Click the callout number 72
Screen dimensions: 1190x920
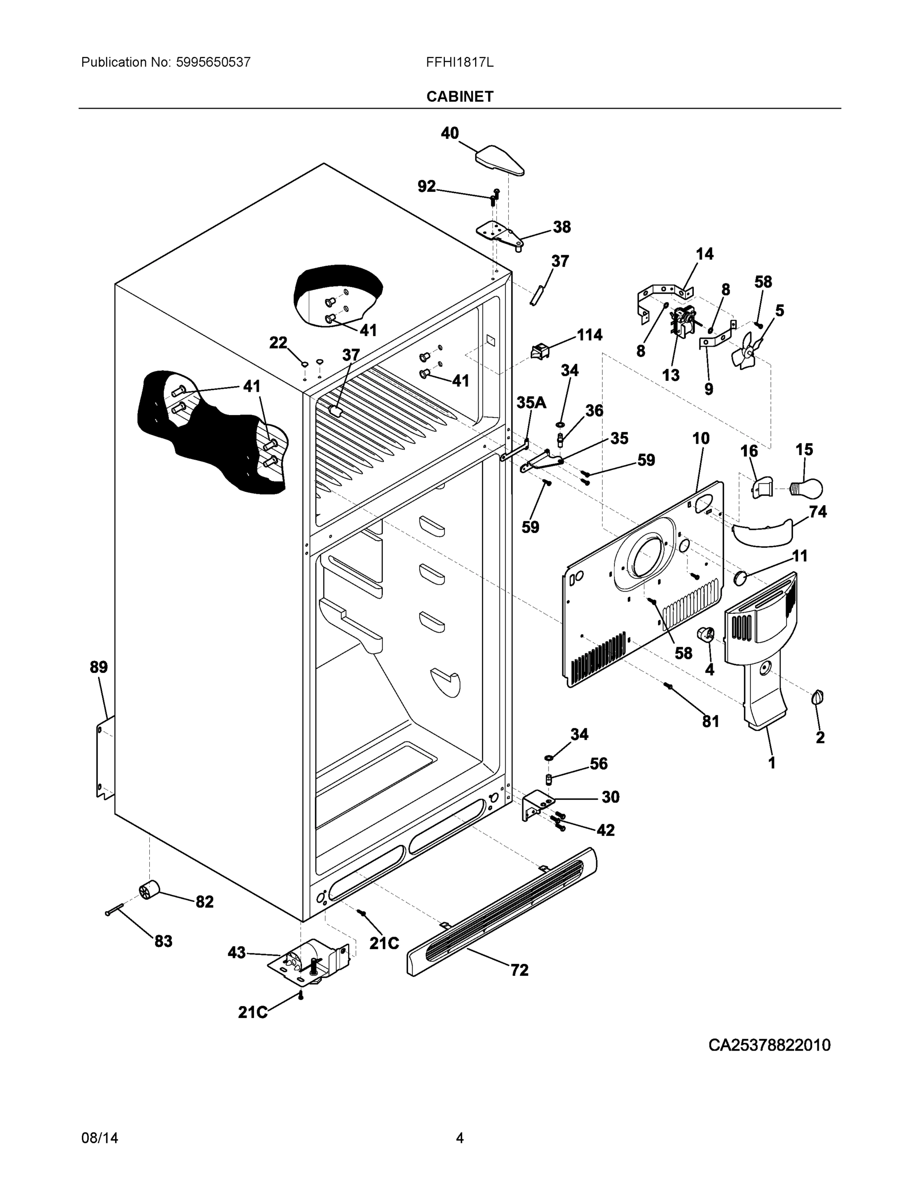(x=519, y=969)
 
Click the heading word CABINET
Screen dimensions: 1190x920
(x=459, y=97)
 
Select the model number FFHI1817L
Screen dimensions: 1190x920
(x=459, y=62)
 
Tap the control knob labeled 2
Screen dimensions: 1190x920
(x=817, y=697)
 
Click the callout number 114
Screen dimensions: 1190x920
(x=590, y=335)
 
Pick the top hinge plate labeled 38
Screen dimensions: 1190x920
(x=499, y=233)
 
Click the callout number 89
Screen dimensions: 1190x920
(x=99, y=666)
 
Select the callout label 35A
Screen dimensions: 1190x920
(x=531, y=403)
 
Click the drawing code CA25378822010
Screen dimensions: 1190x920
(x=769, y=1045)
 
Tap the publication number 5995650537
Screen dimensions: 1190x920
(x=213, y=62)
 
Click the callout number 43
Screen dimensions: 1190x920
(x=237, y=952)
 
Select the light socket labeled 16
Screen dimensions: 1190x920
(x=762, y=486)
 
